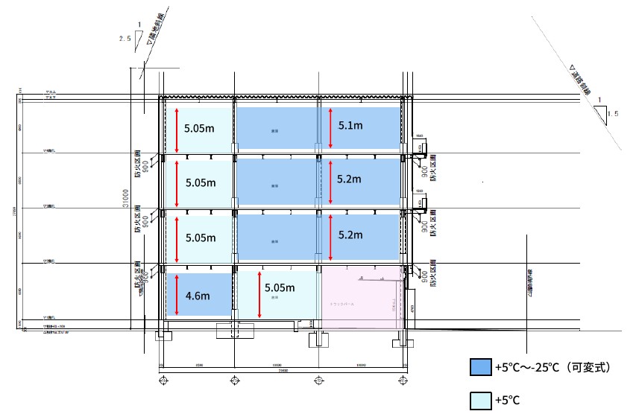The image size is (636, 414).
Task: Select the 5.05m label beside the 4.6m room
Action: (280, 288)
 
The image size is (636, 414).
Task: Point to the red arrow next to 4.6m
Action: (177, 295)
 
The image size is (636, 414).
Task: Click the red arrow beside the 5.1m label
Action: (330, 126)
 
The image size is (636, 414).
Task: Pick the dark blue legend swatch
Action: (481, 367)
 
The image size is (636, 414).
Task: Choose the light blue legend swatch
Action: (481, 400)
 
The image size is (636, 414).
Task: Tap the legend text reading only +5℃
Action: (507, 401)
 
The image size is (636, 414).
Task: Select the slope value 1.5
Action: (613, 114)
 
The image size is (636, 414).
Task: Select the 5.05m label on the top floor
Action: (200, 128)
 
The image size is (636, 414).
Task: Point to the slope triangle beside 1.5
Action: (600, 113)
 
